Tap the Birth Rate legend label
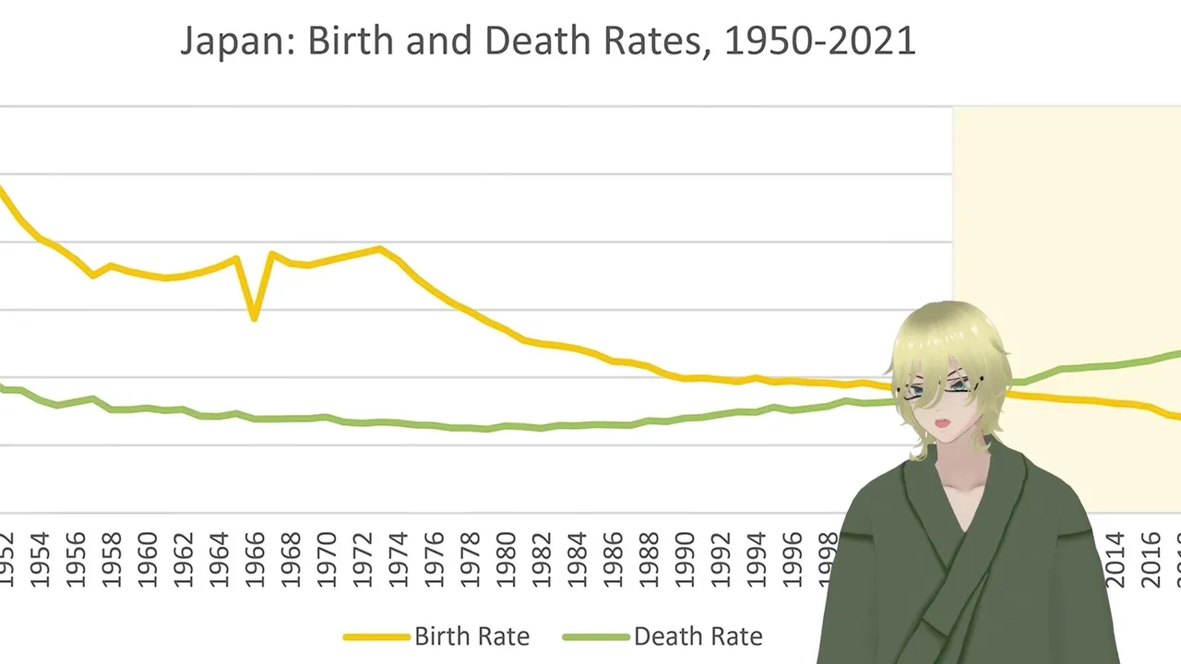(471, 636)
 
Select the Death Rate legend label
(698, 636)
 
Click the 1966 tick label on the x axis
(255, 559)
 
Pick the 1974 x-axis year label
(398, 559)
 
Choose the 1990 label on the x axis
(684, 559)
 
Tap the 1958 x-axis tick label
(112, 559)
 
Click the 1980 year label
(505, 559)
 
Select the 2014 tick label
(1115, 559)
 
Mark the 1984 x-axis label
(577, 559)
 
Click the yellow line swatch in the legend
(376, 636)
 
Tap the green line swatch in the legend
(595, 636)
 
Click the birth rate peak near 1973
(379, 248)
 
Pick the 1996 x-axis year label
(791, 559)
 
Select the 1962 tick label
(183, 559)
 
